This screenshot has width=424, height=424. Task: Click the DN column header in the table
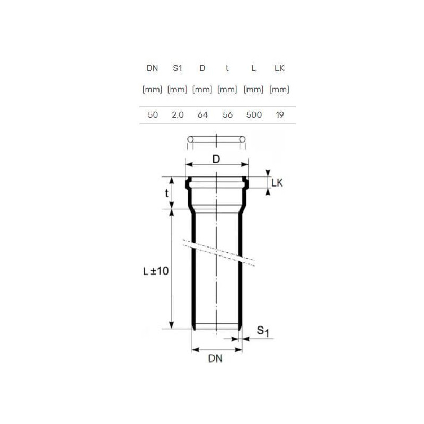click(x=152, y=68)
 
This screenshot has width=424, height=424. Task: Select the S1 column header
click(x=178, y=68)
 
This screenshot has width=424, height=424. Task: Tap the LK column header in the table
click(x=279, y=68)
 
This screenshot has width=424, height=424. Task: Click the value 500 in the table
click(x=254, y=115)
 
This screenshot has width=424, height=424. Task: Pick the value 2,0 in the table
click(x=178, y=115)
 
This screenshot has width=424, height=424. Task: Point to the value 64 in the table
click(x=202, y=115)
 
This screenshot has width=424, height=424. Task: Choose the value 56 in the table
click(x=227, y=115)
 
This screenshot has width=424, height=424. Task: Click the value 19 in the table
click(x=280, y=115)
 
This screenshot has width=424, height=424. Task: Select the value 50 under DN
click(x=153, y=115)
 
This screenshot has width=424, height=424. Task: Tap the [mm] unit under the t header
click(x=227, y=90)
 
